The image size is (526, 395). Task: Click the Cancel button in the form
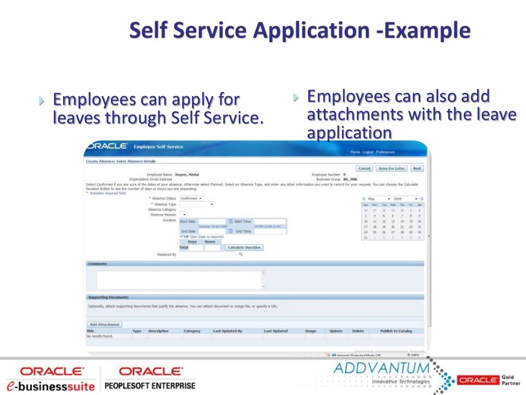tap(364, 168)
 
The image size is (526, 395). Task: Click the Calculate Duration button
tap(244, 247)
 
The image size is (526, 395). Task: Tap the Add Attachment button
tap(104, 325)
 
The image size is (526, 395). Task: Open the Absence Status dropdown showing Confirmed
tap(191, 198)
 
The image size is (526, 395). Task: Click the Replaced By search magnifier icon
tap(240, 254)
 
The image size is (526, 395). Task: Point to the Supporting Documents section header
tap(108, 297)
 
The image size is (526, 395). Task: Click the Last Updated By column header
tap(228, 331)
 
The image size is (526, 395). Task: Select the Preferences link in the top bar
tap(385, 152)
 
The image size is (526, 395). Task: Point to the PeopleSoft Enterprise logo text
tap(150, 385)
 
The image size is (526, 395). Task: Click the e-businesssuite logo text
tap(50, 385)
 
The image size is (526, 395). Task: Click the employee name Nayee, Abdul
tap(187, 175)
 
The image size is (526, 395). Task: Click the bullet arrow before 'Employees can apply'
tap(42, 99)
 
